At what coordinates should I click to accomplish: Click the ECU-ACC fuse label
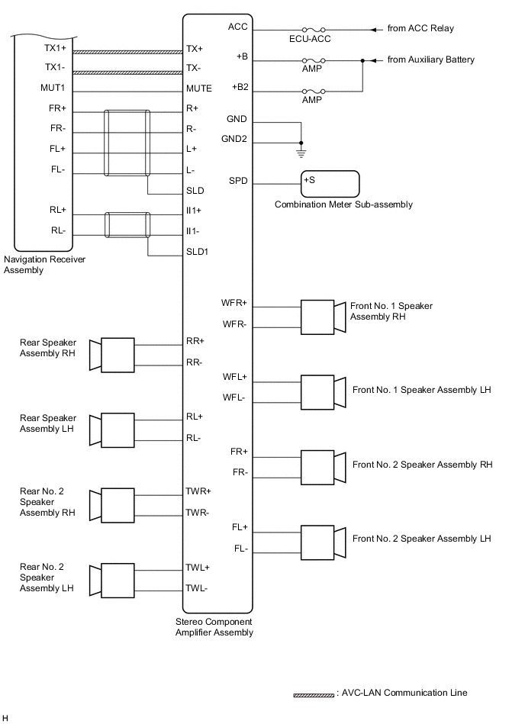310,39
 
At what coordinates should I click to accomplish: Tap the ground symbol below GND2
301,151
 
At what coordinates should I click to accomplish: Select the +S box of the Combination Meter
330,184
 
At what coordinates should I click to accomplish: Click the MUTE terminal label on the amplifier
199,88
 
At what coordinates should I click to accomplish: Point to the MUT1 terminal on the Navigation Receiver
53,88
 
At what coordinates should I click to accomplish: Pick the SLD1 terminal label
198,251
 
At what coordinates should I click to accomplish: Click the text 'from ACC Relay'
420,29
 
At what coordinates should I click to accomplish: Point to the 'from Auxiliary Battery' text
431,60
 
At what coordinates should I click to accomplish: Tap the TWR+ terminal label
198,491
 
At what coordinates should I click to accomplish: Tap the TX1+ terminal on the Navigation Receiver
55,48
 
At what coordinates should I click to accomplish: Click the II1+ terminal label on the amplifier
194,210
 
